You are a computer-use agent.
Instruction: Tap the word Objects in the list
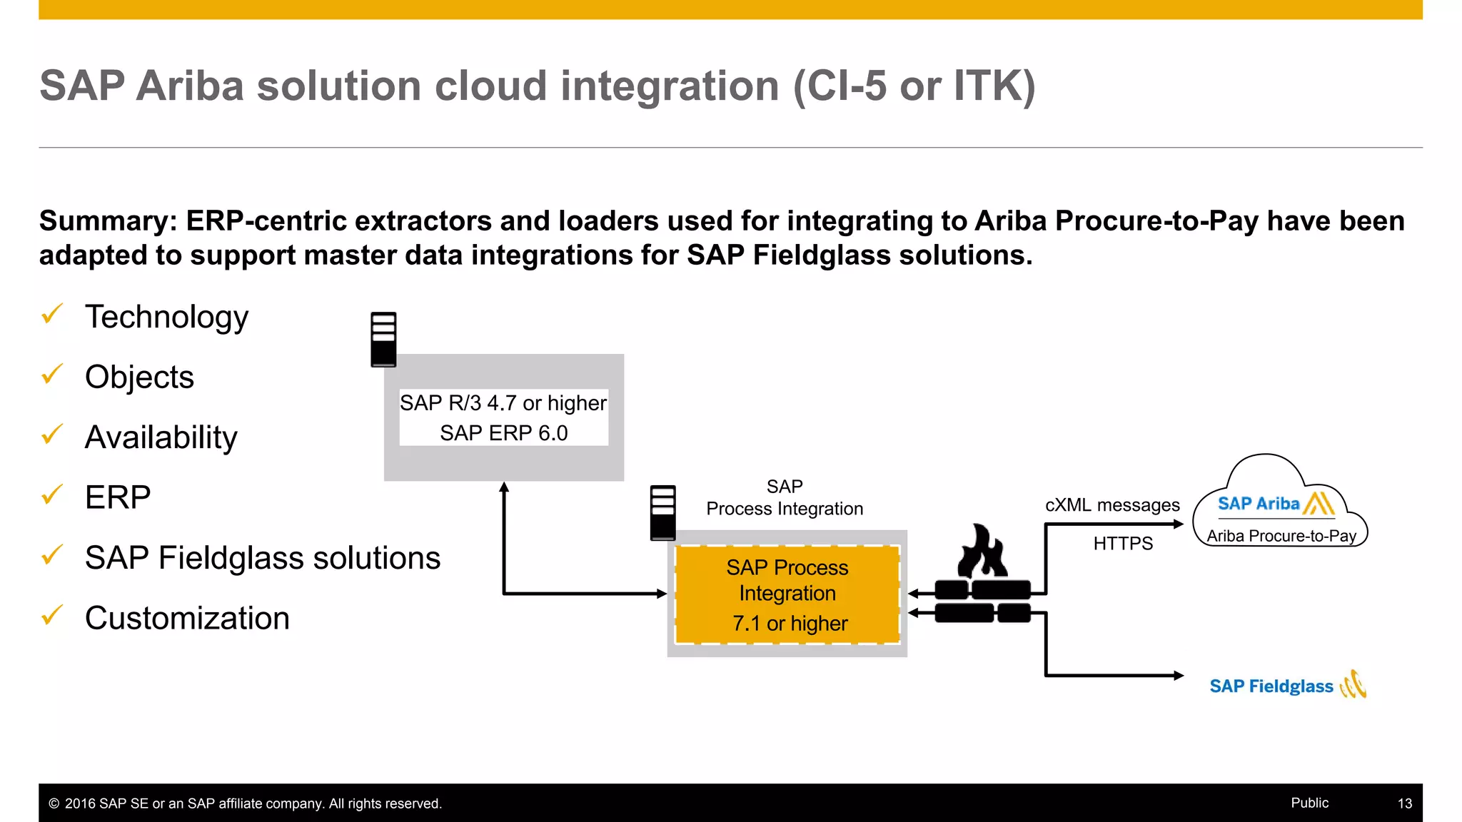point(139,377)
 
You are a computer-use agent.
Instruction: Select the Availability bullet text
point(161,437)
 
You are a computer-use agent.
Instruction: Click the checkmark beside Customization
point(52,614)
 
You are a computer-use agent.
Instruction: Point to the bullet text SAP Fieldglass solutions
point(262,558)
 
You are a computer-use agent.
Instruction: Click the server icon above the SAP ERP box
point(383,340)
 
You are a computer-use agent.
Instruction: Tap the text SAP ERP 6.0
point(503,433)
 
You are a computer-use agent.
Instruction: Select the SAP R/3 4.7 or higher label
point(503,403)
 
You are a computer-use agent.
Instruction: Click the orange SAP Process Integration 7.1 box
point(787,594)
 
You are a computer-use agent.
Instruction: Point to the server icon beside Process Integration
point(662,512)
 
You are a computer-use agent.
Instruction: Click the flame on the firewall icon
point(982,552)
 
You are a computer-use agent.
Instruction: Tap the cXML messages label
point(1111,505)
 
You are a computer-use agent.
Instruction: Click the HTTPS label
point(1122,544)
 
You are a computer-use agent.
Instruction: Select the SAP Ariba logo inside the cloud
point(1275,504)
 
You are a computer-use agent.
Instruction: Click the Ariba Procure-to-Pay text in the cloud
point(1281,536)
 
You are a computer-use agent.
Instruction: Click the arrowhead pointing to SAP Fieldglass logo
point(1179,675)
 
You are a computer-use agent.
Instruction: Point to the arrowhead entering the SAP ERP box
point(504,487)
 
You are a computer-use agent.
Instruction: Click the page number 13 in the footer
point(1404,803)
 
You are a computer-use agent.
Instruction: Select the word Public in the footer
point(1309,803)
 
